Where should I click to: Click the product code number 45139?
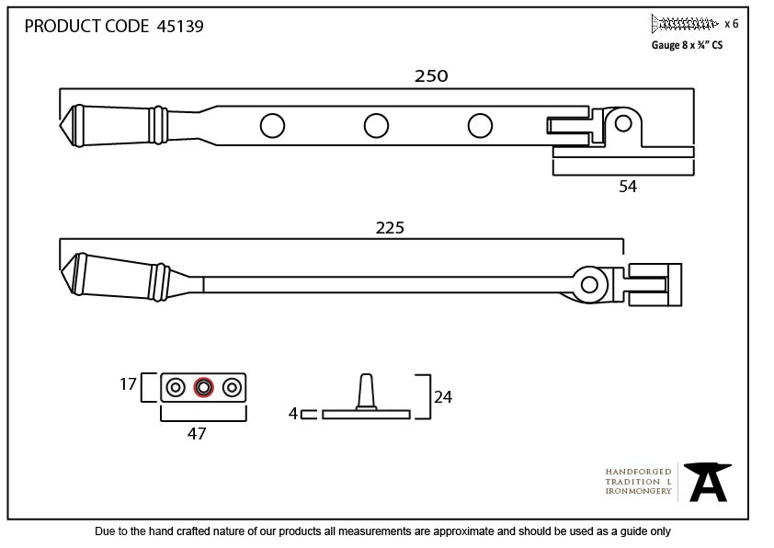tap(180, 26)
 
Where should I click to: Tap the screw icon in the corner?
tap(684, 23)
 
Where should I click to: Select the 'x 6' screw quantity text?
tap(731, 24)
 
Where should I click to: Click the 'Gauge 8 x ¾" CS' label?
tap(687, 45)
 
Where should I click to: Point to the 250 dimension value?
tap(431, 76)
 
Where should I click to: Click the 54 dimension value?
tap(628, 187)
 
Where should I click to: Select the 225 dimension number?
tap(390, 228)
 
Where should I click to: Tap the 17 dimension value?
tap(128, 384)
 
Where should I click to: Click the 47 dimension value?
tap(197, 433)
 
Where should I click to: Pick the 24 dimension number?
tap(443, 397)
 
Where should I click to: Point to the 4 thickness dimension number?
tap(293, 413)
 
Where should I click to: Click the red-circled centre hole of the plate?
tap(203, 387)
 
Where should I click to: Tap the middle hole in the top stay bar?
tap(376, 126)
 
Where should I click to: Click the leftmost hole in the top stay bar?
tap(272, 126)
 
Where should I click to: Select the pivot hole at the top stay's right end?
tap(623, 123)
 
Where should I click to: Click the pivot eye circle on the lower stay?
tap(589, 284)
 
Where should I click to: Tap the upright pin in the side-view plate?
tap(366, 392)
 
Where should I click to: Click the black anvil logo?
tap(708, 482)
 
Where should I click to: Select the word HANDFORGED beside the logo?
tap(638, 472)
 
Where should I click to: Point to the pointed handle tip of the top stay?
tap(61, 126)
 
